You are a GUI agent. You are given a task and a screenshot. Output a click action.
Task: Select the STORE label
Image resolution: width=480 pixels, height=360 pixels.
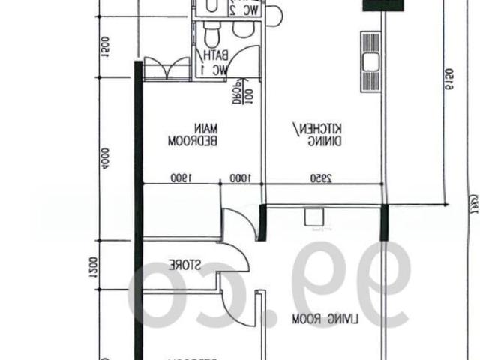click(x=183, y=265)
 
